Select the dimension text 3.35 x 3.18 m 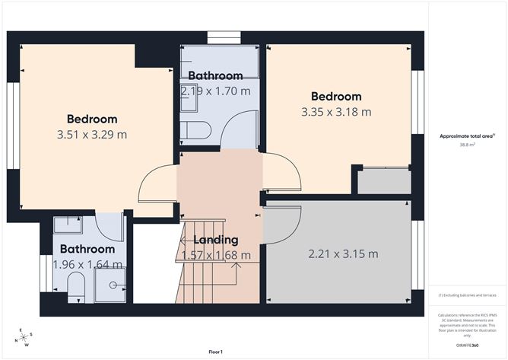(x=336, y=112)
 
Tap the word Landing (x=210, y=241)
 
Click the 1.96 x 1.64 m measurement (x=87, y=264)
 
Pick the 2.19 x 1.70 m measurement (x=215, y=91)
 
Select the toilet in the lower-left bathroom (x=75, y=285)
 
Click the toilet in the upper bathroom (x=197, y=130)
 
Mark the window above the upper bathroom (x=224, y=36)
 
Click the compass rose (x=24, y=336)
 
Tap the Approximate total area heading (x=464, y=135)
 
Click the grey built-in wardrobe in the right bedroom (x=385, y=181)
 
